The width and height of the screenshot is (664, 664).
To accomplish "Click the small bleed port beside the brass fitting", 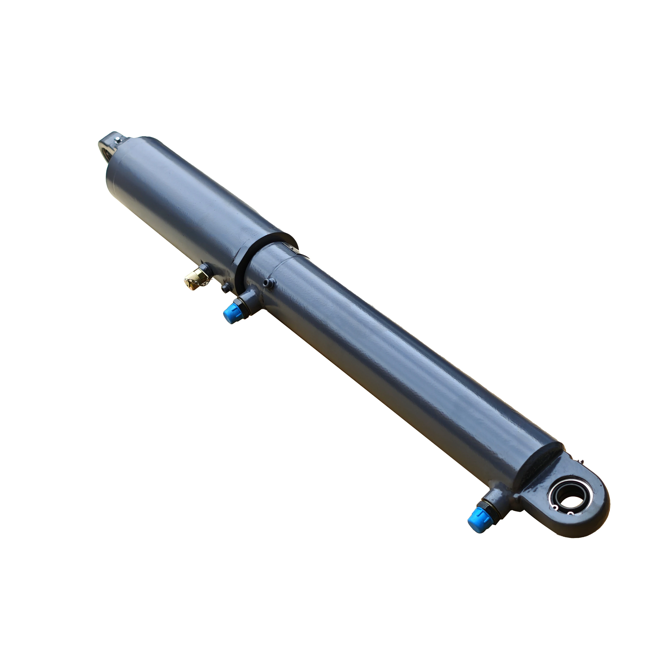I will (225, 288).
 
